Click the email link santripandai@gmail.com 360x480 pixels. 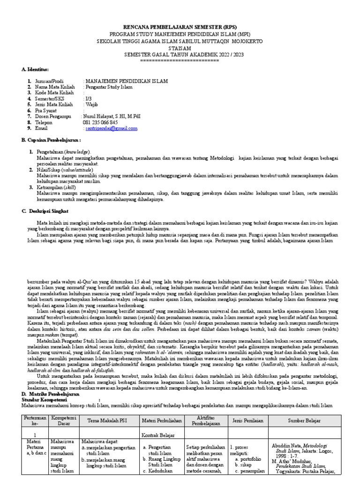click(111, 128)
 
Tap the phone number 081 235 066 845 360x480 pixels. click(100, 122)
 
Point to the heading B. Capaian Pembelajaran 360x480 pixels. click(52, 140)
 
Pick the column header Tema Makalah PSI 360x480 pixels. click(109, 420)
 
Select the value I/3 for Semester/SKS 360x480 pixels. click(88, 98)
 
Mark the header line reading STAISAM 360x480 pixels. click(180, 48)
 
